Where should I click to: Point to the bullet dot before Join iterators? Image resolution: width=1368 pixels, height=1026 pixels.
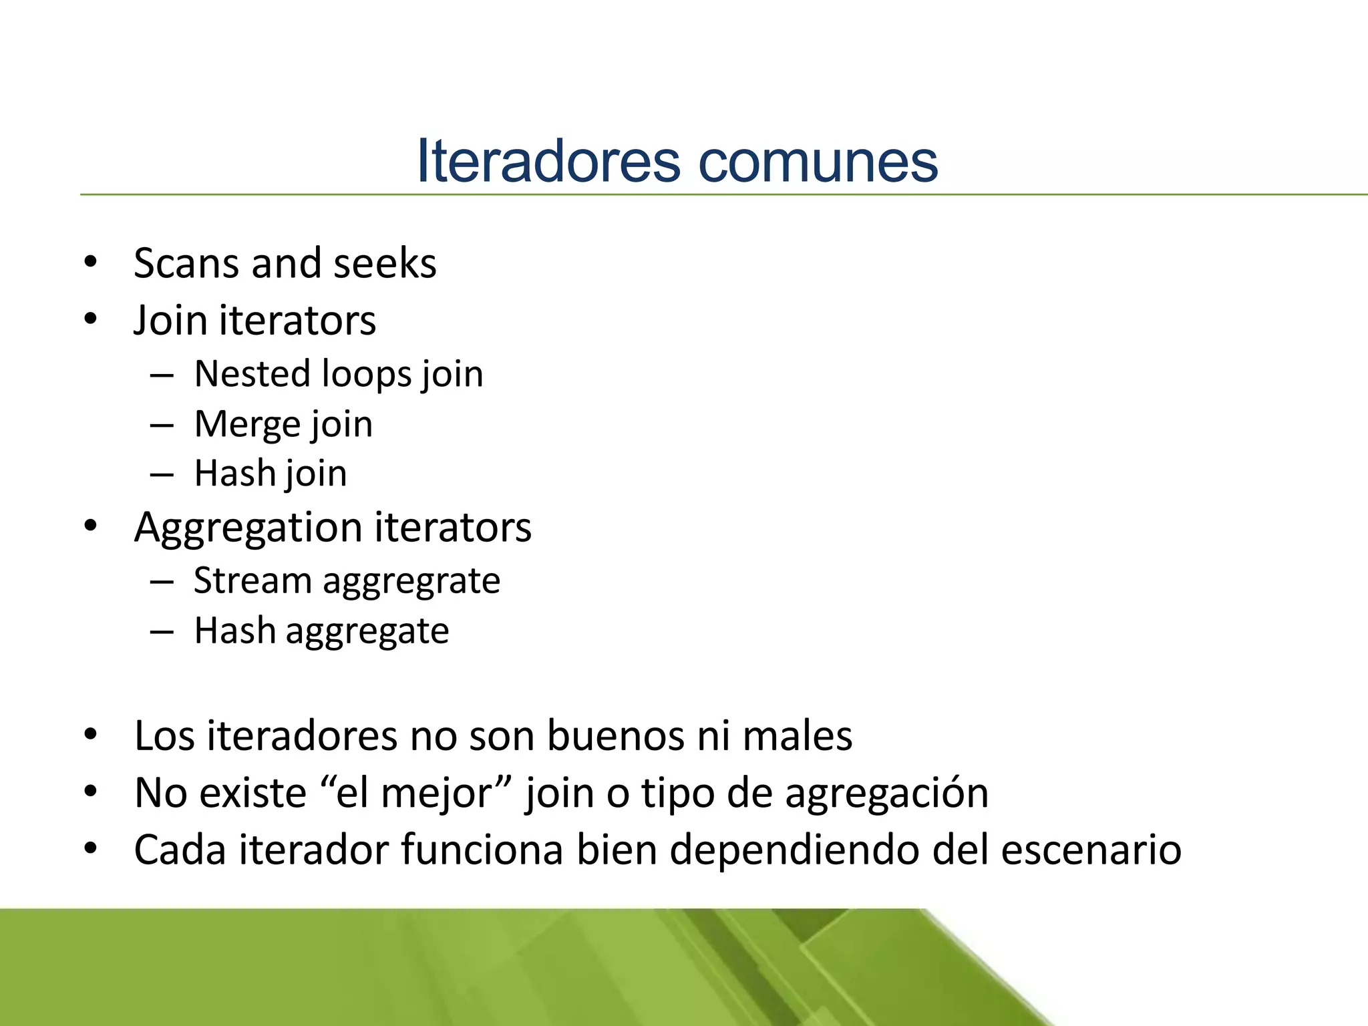tap(91, 319)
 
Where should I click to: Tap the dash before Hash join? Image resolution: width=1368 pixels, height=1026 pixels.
tap(162, 474)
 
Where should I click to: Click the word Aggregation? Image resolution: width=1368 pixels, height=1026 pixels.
tap(248, 528)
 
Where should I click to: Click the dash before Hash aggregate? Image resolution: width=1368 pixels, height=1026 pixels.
tap(162, 631)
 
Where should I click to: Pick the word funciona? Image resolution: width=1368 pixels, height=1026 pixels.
tap(482, 850)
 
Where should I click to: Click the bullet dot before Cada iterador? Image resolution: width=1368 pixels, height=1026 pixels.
tap(91, 849)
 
